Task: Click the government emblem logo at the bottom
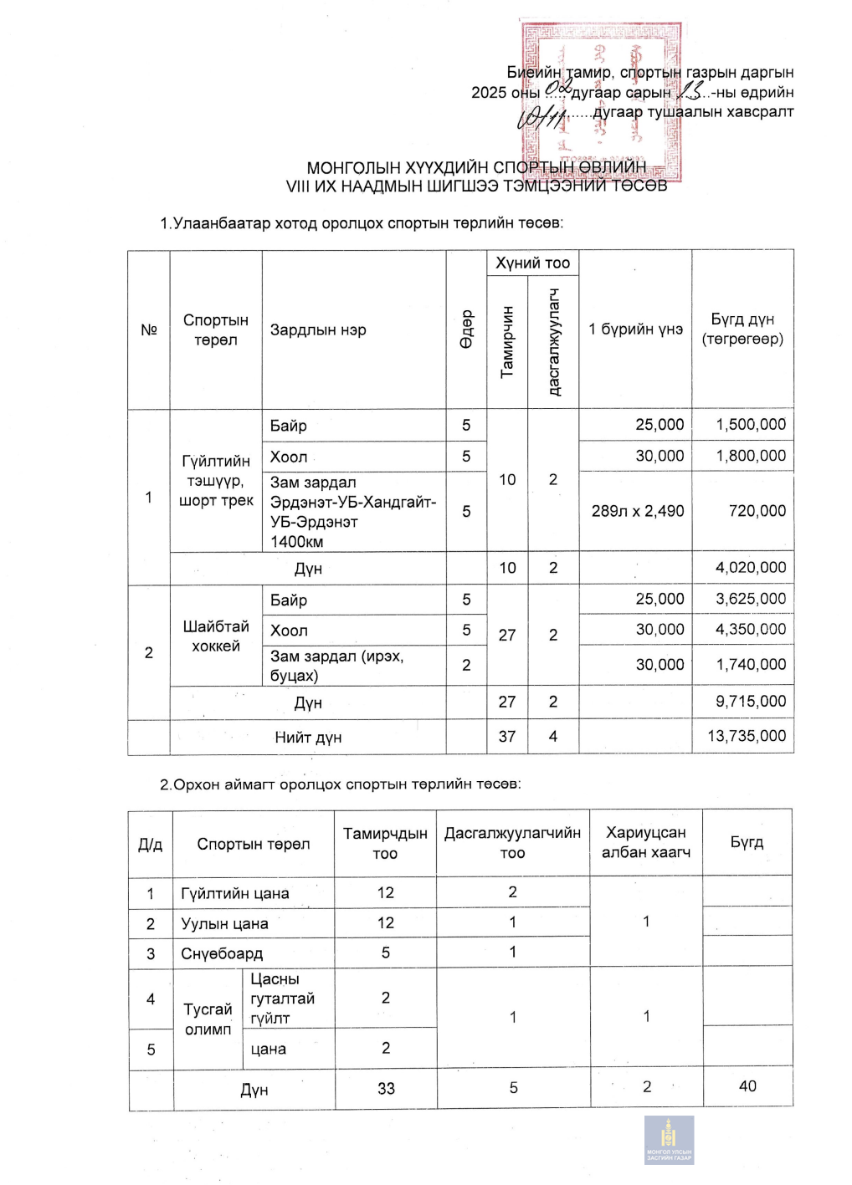[x=669, y=1139]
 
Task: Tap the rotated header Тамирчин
[x=507, y=341]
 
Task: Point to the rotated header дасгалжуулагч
[x=553, y=341]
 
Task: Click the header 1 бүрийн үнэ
[x=635, y=329]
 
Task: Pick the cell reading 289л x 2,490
[x=637, y=511]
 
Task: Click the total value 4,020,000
[x=750, y=568]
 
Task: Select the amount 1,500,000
[x=750, y=425]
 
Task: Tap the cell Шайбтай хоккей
[x=216, y=636]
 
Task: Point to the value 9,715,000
[x=750, y=702]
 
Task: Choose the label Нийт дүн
[x=308, y=738]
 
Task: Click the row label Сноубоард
[x=222, y=953]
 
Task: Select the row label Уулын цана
[x=224, y=923]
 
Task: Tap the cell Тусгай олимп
[x=208, y=1019]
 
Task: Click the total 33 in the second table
[x=386, y=1089]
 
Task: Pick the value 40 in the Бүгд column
[x=747, y=1086]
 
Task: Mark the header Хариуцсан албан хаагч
[x=646, y=842]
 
